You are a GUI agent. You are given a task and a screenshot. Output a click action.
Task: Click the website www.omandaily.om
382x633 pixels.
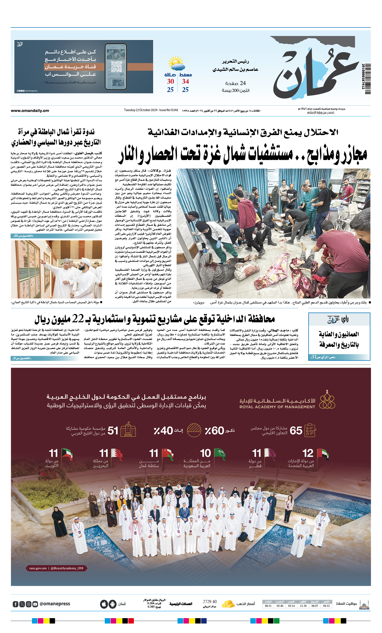coord(30,111)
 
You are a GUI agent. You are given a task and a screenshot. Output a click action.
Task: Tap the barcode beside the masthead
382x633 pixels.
coord(366,79)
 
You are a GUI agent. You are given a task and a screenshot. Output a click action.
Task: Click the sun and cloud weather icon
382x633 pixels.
coord(176,64)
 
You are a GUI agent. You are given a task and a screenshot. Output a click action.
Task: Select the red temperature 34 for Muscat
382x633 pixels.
coord(185,82)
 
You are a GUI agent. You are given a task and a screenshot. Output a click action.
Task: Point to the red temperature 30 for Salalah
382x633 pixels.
coord(170,82)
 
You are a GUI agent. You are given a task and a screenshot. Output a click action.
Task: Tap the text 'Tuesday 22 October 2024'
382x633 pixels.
coord(141,110)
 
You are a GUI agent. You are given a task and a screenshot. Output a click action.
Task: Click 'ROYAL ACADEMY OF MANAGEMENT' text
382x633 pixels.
coord(277,407)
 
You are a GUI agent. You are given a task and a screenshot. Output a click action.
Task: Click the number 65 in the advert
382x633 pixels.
coord(296,431)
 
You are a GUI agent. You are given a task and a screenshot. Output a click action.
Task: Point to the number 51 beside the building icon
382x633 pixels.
coord(113,431)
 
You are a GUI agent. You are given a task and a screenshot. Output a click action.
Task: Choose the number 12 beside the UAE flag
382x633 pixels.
coord(308,453)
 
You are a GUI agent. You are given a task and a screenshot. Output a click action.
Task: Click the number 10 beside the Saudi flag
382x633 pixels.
coord(205,453)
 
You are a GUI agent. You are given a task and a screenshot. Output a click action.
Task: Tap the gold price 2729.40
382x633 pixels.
coord(210,602)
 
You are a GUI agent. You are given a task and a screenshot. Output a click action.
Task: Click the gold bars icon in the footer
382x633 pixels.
coord(228,604)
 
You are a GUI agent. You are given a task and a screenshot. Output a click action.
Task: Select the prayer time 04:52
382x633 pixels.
coord(326,606)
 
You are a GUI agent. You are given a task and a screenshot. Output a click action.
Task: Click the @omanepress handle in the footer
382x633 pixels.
coord(55,604)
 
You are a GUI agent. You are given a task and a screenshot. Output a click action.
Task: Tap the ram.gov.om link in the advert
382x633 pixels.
coord(38,568)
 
